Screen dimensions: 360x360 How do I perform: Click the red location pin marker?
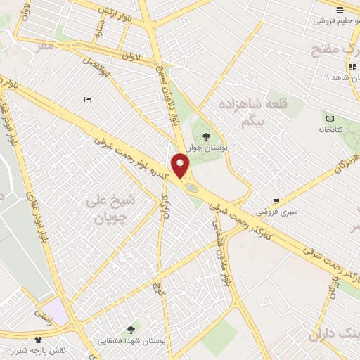click(181, 165)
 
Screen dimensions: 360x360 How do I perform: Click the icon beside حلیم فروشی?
click(340, 9)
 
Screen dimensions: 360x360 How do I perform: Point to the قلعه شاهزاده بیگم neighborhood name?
click(255, 111)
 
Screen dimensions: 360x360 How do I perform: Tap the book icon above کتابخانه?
click(329, 117)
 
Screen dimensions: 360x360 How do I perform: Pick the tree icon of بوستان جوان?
click(206, 136)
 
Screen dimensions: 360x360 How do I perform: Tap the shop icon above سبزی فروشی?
click(276, 200)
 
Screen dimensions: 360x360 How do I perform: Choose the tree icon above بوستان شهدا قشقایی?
click(131, 328)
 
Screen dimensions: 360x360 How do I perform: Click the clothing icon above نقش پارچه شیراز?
click(37, 339)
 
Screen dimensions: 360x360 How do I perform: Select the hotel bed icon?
click(87, 101)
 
